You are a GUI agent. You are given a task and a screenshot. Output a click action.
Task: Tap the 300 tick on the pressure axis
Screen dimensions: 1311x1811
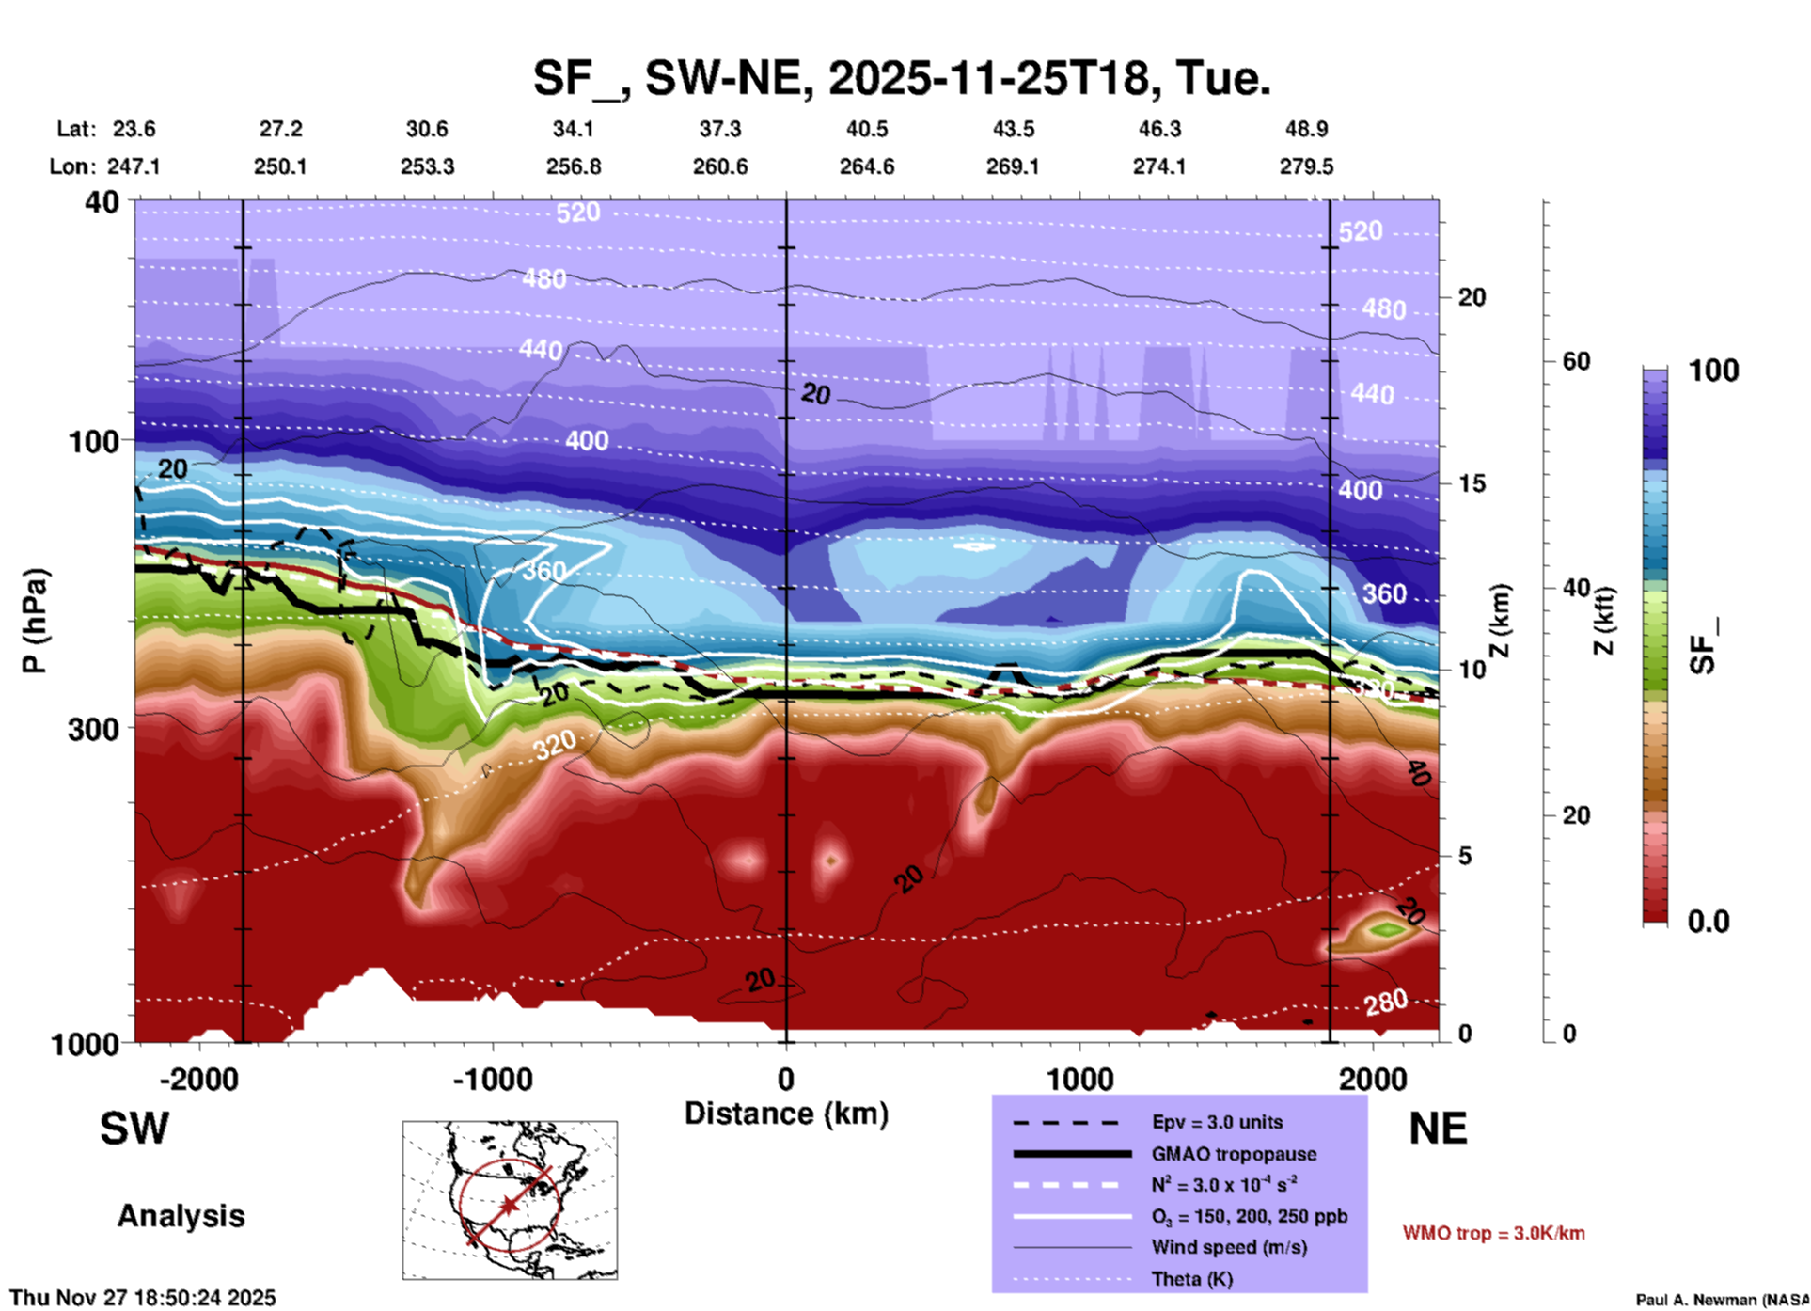93,729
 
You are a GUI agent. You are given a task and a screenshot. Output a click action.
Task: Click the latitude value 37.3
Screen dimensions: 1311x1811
719,129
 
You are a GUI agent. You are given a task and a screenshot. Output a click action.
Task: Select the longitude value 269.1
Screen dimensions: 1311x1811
1013,166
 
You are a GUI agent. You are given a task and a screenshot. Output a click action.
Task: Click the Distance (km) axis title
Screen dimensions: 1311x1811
786,1114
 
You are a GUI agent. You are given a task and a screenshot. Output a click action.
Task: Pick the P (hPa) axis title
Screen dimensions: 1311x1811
35,621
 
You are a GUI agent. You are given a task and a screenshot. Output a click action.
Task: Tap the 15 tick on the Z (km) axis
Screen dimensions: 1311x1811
1472,483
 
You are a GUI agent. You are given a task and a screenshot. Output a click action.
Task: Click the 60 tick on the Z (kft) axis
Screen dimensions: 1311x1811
1577,362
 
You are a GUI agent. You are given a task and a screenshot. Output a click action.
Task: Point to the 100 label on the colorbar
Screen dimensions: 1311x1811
1713,371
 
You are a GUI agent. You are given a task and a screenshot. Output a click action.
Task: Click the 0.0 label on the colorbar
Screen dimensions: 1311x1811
1709,922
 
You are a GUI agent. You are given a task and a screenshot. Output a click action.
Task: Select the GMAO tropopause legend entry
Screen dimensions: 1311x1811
1234,1154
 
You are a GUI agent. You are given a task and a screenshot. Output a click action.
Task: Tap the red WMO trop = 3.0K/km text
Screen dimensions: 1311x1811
1493,1233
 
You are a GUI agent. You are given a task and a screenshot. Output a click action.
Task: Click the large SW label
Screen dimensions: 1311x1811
134,1129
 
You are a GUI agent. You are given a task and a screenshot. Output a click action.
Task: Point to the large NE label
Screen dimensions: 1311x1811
1438,1129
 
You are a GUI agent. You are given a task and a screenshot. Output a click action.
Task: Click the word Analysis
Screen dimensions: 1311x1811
181,1216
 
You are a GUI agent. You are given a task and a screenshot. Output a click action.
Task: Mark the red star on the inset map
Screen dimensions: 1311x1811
509,1205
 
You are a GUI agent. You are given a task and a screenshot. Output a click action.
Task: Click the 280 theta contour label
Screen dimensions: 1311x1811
1386,1003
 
